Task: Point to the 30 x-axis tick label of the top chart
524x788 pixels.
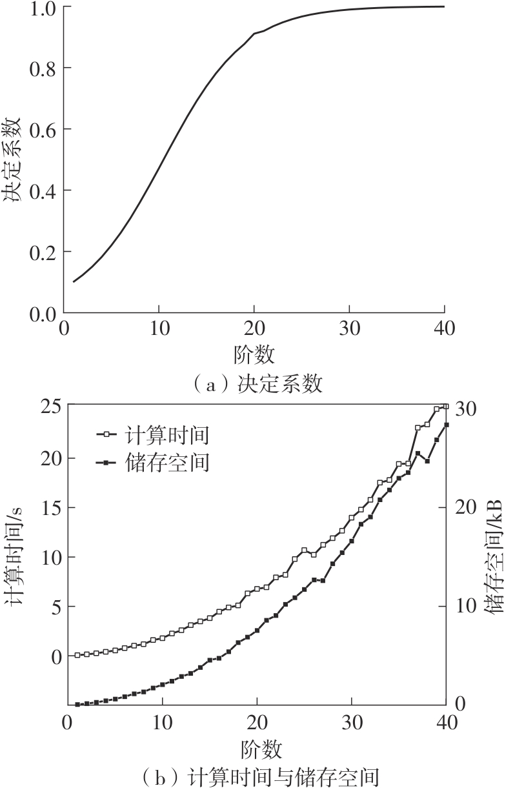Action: (349, 328)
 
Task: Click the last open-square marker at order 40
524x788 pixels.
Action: (446, 407)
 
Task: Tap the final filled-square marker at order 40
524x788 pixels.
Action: (446, 425)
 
